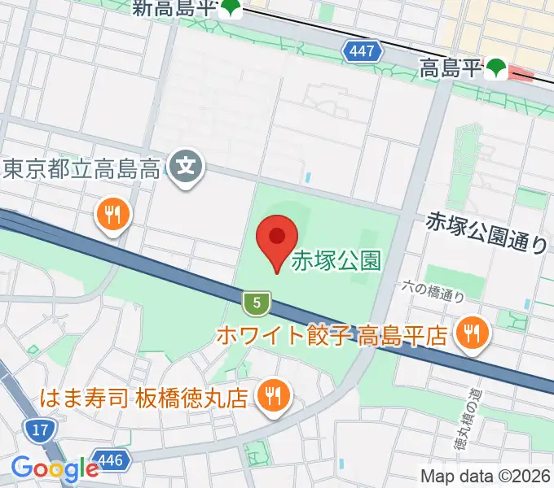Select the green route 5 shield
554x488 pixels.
click(257, 304)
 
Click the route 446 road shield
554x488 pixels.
click(111, 461)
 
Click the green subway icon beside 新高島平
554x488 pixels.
click(233, 9)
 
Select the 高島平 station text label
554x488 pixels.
click(451, 69)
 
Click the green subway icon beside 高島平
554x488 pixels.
click(496, 69)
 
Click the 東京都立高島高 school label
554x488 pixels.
click(81, 169)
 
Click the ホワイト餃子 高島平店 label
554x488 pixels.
click(332, 334)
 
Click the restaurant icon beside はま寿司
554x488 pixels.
click(270, 395)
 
